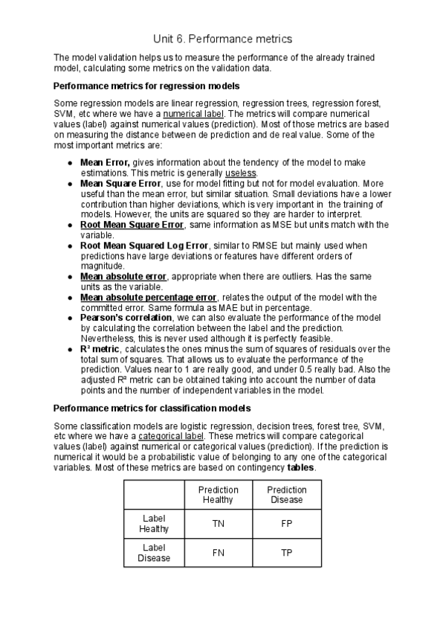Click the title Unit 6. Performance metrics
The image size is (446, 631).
(x=223, y=38)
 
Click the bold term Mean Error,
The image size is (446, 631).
(x=105, y=161)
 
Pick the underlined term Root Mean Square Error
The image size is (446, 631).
(x=132, y=224)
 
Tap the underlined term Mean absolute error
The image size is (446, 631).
(x=123, y=276)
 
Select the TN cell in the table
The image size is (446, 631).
(x=219, y=524)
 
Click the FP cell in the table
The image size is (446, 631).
(x=287, y=524)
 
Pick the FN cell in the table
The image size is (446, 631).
(x=219, y=553)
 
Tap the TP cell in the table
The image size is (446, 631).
(x=287, y=553)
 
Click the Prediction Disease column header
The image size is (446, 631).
(x=287, y=495)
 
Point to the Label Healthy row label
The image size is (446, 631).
(x=154, y=524)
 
